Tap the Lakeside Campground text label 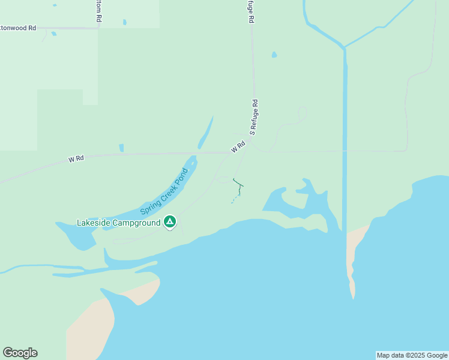tap(119, 223)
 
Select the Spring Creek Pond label tap(164, 191)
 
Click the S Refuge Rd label tap(255, 116)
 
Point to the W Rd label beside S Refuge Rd tap(238, 147)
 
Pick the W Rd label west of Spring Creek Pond tap(76, 159)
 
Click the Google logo tap(20, 353)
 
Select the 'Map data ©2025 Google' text tap(412, 355)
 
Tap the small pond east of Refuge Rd tap(274, 55)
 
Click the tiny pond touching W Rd tap(121, 148)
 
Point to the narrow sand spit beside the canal tap(351, 264)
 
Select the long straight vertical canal tap(345, 138)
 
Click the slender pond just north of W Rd tap(206, 133)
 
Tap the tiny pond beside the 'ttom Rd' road tap(125, 22)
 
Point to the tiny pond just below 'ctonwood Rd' tap(53, 34)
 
